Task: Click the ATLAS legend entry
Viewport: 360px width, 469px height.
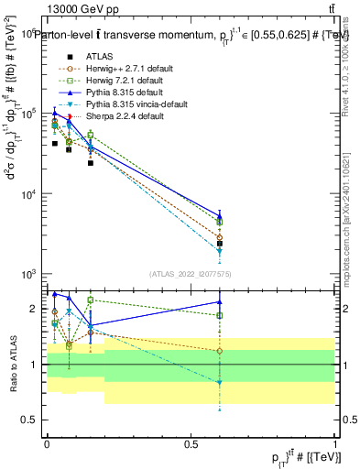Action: pos(101,57)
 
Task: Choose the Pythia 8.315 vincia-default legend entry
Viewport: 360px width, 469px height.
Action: pos(134,104)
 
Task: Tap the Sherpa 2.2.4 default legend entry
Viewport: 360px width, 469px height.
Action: pos(119,116)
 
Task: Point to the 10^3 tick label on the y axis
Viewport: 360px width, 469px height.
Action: pos(30,275)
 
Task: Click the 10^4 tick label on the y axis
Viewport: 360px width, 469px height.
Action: pos(30,194)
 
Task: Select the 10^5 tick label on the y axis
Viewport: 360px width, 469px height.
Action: pos(30,114)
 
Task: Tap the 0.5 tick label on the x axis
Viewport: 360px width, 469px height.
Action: pos(191,444)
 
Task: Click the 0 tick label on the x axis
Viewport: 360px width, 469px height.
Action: pos(47,444)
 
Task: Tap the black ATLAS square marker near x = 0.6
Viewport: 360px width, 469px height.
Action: pos(220,243)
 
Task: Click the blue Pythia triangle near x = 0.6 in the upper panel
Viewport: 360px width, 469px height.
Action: pos(220,216)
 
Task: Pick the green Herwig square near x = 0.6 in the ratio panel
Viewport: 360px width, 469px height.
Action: pos(220,315)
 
